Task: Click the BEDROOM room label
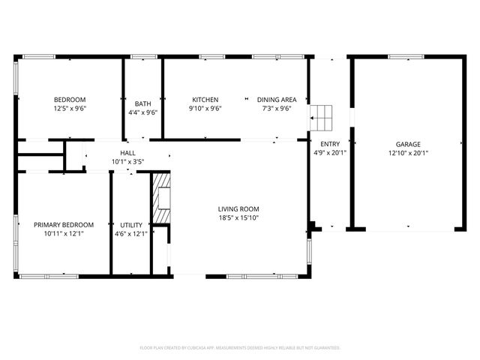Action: pyautogui.click(x=69, y=100)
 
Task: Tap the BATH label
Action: pyautogui.click(x=142, y=103)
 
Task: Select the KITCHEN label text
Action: pyautogui.click(x=205, y=100)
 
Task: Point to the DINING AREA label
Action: pyautogui.click(x=277, y=100)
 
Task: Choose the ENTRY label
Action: pyautogui.click(x=329, y=144)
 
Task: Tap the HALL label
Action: pyautogui.click(x=127, y=152)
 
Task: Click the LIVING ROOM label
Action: pyautogui.click(x=238, y=209)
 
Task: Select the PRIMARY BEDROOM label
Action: pyautogui.click(x=64, y=224)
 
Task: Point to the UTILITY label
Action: pyautogui.click(x=131, y=224)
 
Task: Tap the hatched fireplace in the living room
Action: pyautogui.click(x=160, y=199)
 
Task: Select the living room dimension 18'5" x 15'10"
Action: pyautogui.click(x=238, y=217)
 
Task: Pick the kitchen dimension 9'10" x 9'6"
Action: pyautogui.click(x=205, y=108)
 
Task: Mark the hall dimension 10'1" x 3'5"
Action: pyautogui.click(x=127, y=161)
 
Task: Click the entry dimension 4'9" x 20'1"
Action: pyautogui.click(x=329, y=152)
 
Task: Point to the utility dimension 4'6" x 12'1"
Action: pyautogui.click(x=131, y=233)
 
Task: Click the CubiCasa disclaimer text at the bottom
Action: pyautogui.click(x=240, y=348)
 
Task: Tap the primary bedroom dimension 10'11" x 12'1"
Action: pyautogui.click(x=64, y=233)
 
